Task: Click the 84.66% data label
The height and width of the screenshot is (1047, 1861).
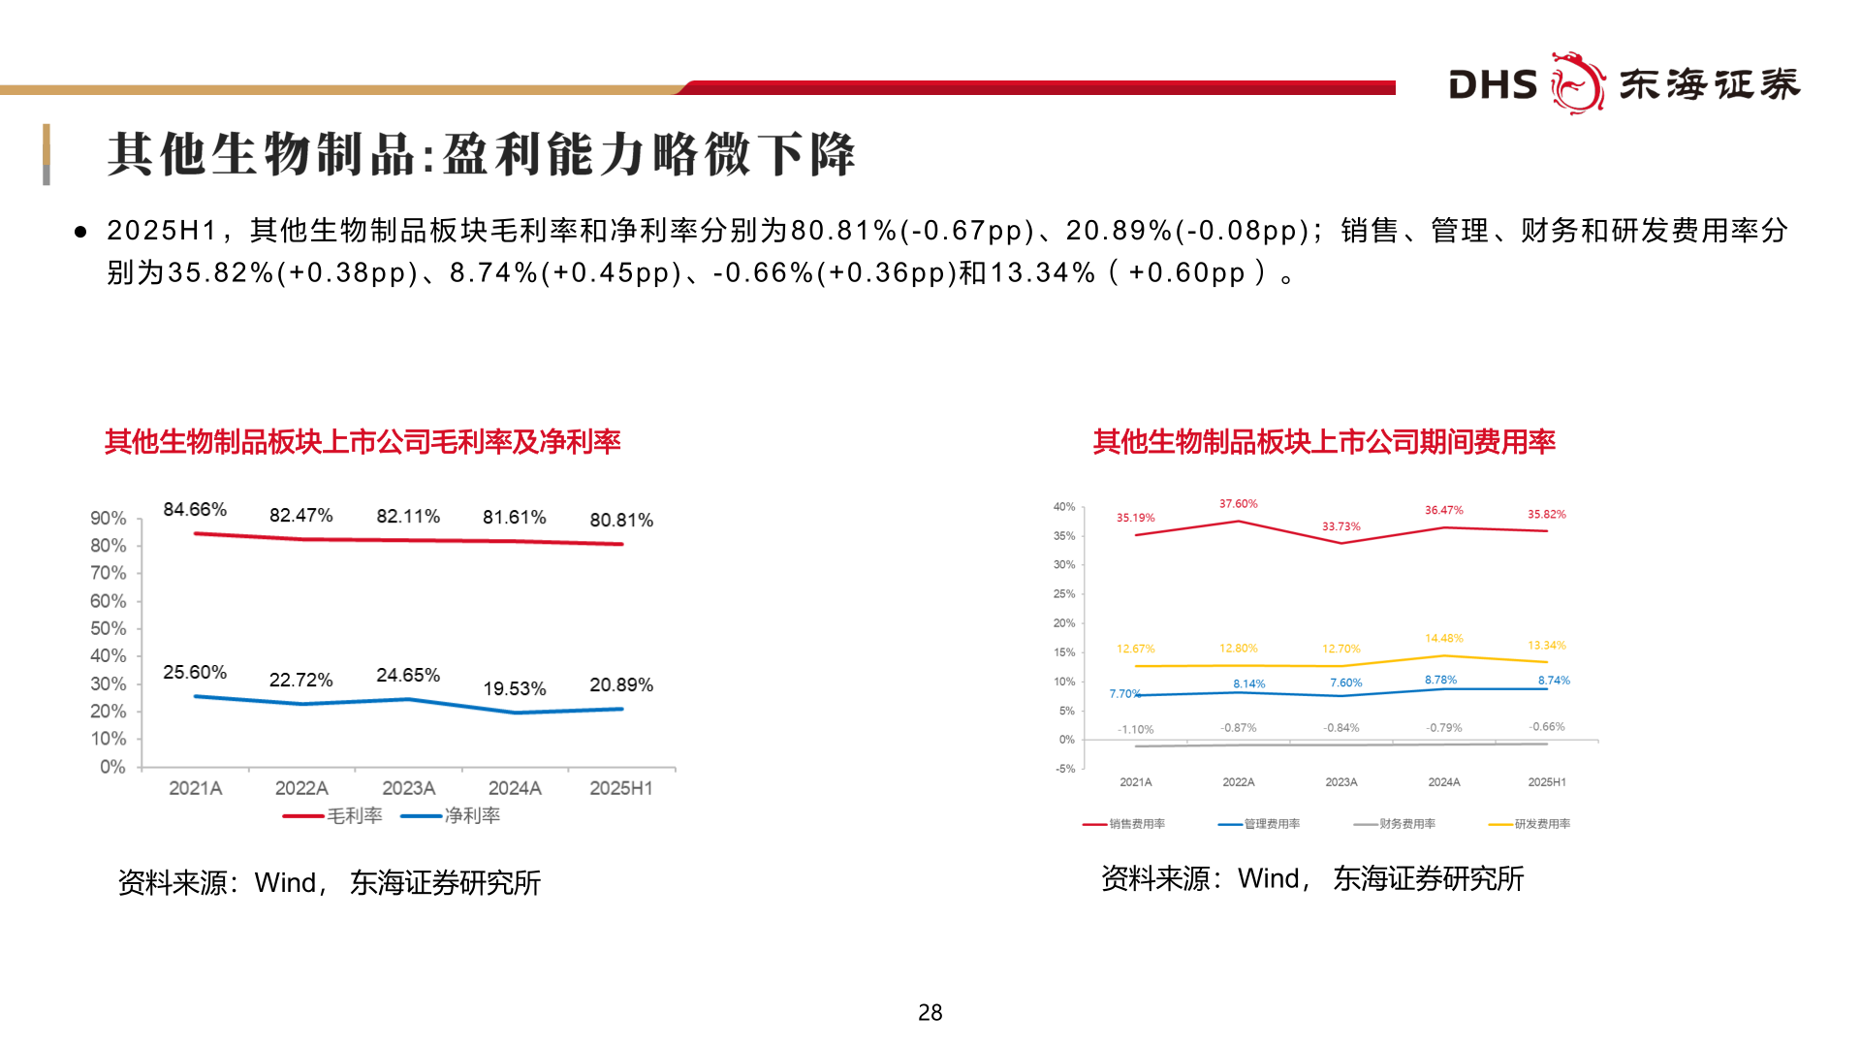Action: pos(195,510)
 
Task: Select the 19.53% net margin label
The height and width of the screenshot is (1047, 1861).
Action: pos(515,689)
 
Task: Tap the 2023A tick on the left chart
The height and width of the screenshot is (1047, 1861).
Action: pos(408,788)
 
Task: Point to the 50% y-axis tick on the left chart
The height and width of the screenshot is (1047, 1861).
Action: pos(108,628)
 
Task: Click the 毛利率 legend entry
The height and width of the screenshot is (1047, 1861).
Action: pos(333,816)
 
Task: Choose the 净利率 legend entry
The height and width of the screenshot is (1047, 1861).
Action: pos(452,816)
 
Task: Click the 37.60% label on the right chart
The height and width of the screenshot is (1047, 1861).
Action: pos(1238,504)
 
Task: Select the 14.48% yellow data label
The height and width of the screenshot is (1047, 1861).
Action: pos(1443,638)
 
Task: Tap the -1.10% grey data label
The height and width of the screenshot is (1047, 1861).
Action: pos(1135,730)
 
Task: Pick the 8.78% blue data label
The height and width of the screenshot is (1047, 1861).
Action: pos(1440,680)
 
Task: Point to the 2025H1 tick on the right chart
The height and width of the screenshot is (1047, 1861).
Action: pos(1546,782)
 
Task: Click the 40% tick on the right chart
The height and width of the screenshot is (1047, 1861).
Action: pos(1064,507)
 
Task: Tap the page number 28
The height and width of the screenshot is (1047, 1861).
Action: pos(930,1013)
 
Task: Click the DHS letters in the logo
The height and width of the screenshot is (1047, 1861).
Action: pos(1492,85)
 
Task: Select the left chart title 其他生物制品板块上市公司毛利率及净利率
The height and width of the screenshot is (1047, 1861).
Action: pos(363,442)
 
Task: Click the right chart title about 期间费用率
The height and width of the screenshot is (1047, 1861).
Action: pos(1324,442)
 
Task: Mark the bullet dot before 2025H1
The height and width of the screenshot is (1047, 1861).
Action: pos(81,232)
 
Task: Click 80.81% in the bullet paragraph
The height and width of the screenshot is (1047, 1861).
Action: pos(843,231)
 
